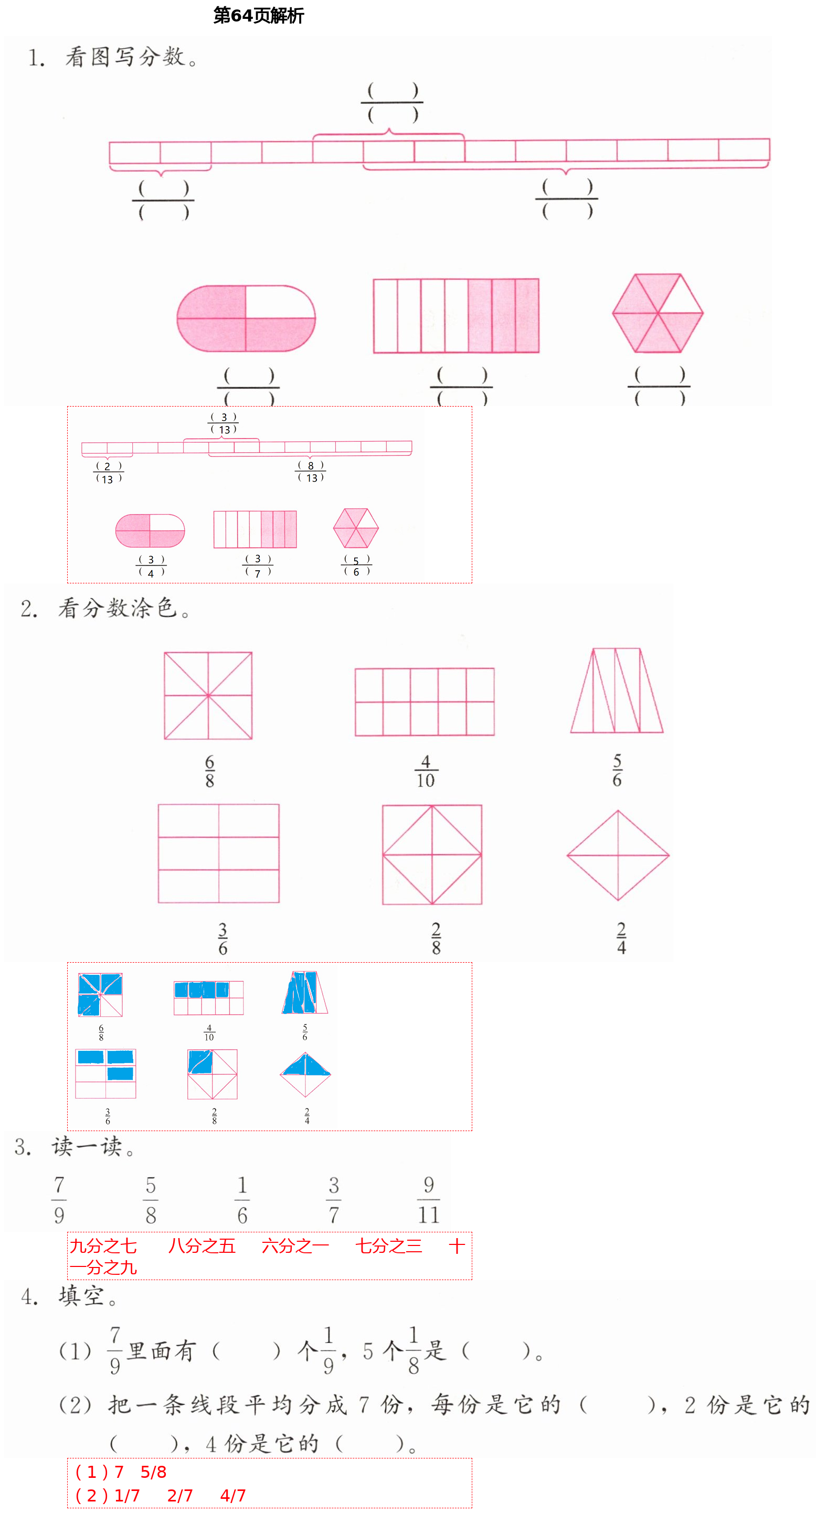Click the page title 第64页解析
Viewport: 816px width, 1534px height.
tap(259, 16)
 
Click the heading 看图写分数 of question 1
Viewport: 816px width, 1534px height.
tap(124, 57)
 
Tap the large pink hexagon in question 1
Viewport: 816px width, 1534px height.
tap(658, 313)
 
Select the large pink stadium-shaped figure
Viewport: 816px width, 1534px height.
tap(246, 318)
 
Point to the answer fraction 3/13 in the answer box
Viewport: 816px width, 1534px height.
tap(224, 423)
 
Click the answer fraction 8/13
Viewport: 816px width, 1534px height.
tap(310, 471)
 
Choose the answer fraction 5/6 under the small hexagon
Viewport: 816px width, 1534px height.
tap(356, 566)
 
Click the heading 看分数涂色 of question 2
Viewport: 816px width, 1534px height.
tap(118, 608)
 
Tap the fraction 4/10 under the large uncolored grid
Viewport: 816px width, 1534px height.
tap(425, 771)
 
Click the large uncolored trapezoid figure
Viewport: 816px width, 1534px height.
tap(617, 691)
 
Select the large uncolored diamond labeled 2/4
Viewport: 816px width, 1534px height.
tap(618, 855)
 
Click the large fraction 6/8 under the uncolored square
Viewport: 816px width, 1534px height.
tap(210, 771)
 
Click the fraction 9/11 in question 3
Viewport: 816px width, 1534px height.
tap(428, 1199)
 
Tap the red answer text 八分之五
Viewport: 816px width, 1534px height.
tap(202, 1246)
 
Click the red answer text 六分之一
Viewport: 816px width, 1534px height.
tap(295, 1246)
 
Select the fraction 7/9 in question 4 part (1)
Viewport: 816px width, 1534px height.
tap(115, 1350)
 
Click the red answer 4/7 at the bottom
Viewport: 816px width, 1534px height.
tap(233, 1495)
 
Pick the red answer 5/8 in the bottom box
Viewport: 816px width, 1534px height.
tap(153, 1472)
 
